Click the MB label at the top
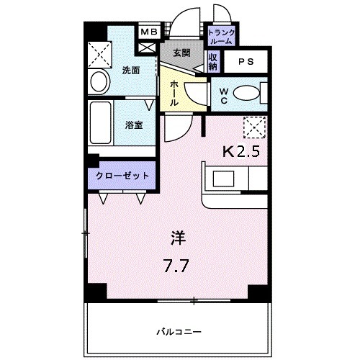pyautogui.click(x=148, y=32)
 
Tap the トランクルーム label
pyautogui.click(x=220, y=37)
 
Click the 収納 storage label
pyautogui.click(x=214, y=62)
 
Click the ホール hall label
pyautogui.click(x=175, y=93)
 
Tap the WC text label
pyautogui.click(x=222, y=95)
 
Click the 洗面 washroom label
pyautogui.click(x=130, y=71)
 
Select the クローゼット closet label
pyautogui.click(x=122, y=176)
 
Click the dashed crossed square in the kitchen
pyautogui.click(x=253, y=127)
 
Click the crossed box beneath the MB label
pyautogui.click(x=148, y=47)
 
